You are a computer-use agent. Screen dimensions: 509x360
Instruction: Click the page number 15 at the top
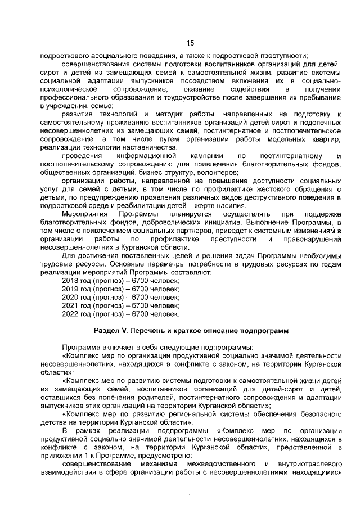click(190, 43)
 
